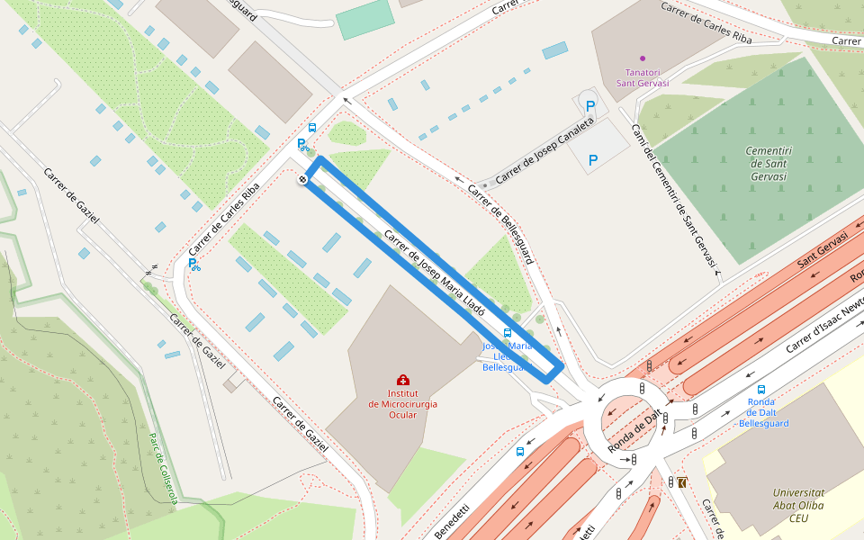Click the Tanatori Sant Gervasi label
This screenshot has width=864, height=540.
click(642, 77)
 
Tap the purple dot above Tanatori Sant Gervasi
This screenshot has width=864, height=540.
click(642, 58)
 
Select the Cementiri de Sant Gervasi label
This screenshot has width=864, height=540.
click(768, 163)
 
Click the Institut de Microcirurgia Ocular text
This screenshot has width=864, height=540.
click(402, 404)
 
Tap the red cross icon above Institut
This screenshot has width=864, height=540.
click(402, 381)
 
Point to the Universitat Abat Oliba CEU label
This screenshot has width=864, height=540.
click(798, 505)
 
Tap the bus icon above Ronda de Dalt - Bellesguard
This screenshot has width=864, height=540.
click(761, 390)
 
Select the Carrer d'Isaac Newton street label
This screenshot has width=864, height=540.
click(824, 321)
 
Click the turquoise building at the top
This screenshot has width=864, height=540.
click(365, 20)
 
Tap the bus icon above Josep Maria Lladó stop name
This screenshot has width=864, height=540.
click(508, 333)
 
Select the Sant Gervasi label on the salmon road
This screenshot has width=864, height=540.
click(823, 252)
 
